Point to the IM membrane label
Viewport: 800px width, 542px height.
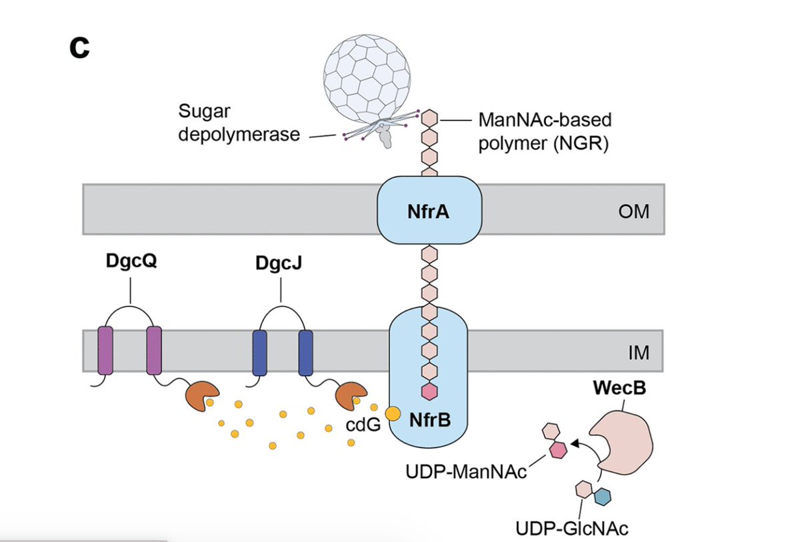click(x=638, y=353)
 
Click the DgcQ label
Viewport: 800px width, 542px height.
click(x=131, y=262)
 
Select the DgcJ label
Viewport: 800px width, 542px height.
click(x=281, y=263)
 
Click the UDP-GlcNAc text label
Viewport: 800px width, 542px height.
click(x=572, y=529)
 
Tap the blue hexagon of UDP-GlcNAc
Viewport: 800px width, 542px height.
click(x=603, y=496)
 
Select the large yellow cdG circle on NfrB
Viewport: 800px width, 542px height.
click(x=393, y=413)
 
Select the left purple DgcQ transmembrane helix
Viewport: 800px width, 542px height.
click(x=105, y=350)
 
